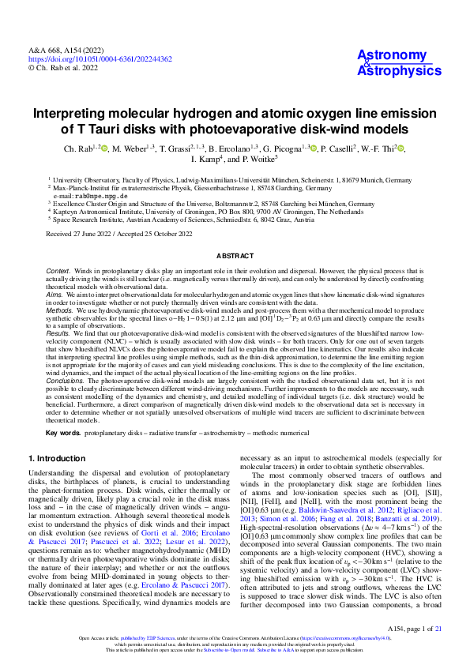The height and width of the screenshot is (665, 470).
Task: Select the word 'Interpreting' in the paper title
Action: [x=74, y=112]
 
